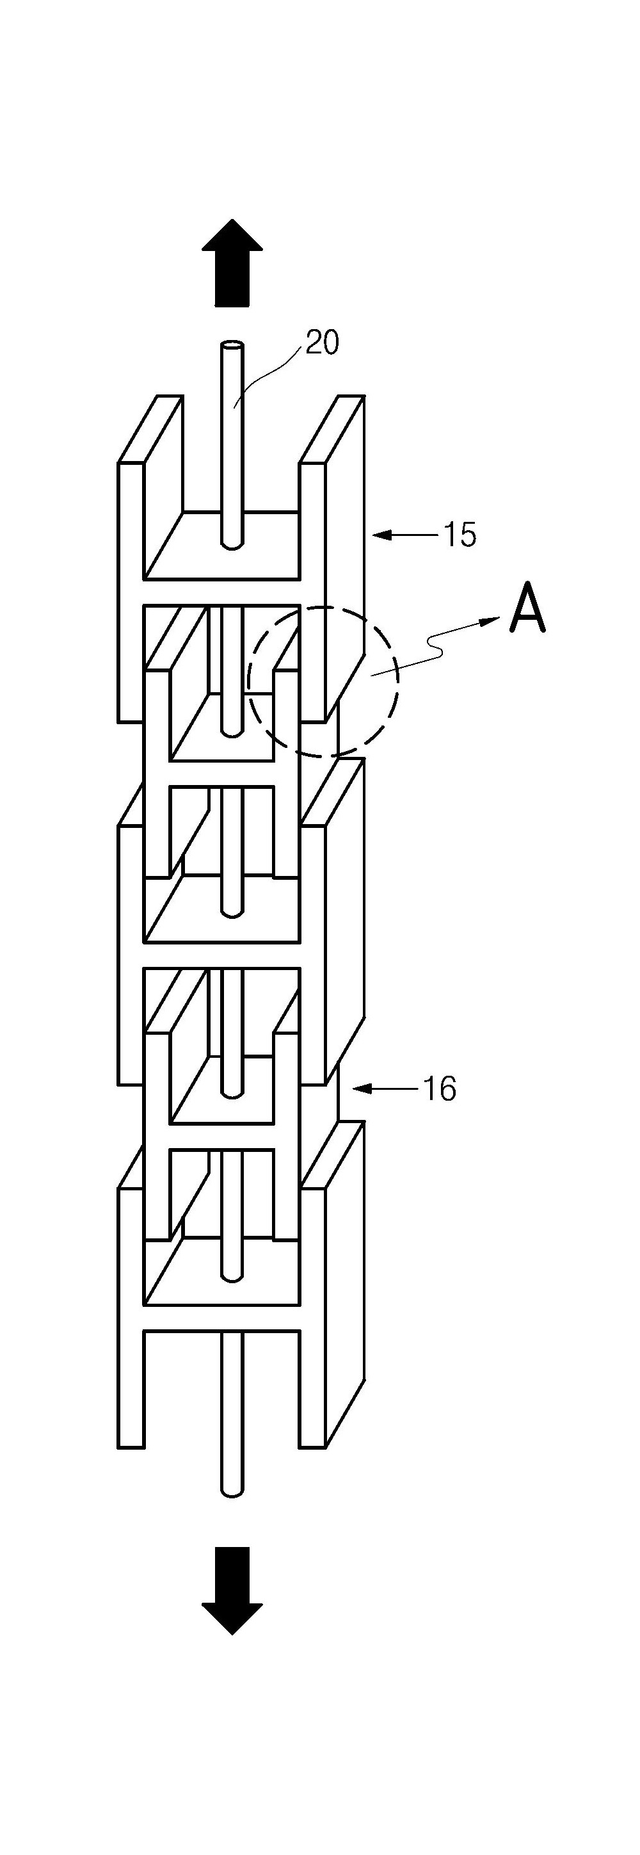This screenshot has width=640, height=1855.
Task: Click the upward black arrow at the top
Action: click(x=232, y=262)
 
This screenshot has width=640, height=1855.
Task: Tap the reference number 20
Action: click(x=322, y=343)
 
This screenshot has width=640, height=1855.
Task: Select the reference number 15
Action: click(x=460, y=535)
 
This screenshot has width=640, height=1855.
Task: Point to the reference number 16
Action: click(x=439, y=1089)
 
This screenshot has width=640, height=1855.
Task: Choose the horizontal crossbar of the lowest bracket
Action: click(x=221, y=1317)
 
